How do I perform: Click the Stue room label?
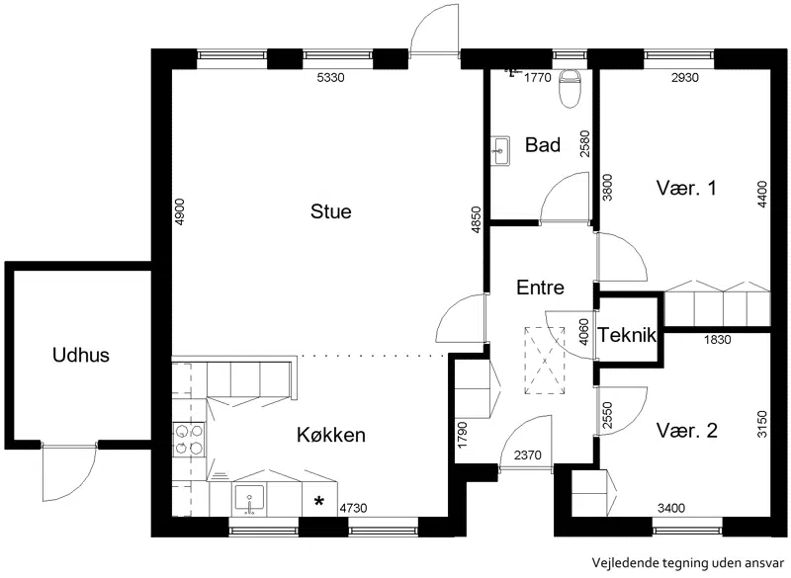tap(330, 211)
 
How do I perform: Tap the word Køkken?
tap(331, 435)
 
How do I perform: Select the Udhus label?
tap(81, 356)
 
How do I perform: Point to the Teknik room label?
tap(627, 335)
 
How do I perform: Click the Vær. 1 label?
tap(686, 188)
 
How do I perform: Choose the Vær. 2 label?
tap(686, 431)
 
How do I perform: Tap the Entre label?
tap(540, 288)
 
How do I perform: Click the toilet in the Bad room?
tap(571, 88)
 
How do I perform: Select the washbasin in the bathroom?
tap(501, 150)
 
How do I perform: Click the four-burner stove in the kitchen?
tap(189, 440)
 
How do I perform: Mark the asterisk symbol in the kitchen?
tap(318, 501)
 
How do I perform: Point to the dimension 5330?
tap(330, 78)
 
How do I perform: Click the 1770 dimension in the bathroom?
tap(537, 78)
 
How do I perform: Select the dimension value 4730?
tap(353, 509)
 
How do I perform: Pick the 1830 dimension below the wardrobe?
tap(717, 340)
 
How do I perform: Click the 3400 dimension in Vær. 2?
tap(671, 509)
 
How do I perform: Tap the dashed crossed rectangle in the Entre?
tap(545, 361)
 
